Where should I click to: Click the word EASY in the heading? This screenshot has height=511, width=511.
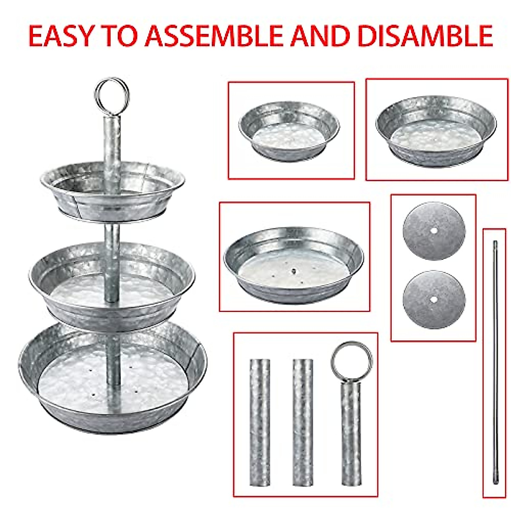point(60,36)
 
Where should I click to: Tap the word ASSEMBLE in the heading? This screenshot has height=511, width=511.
point(213,36)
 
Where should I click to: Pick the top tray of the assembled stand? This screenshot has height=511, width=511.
point(113,192)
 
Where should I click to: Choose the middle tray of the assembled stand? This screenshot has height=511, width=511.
point(112,285)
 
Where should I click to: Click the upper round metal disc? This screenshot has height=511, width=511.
point(434,231)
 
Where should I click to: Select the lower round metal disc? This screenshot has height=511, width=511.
point(434,299)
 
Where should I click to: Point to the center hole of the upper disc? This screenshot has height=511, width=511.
point(433,230)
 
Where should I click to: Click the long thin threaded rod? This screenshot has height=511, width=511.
point(495,362)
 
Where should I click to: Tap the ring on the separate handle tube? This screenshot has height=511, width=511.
point(351,361)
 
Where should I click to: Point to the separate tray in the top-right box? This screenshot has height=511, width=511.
point(436,130)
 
